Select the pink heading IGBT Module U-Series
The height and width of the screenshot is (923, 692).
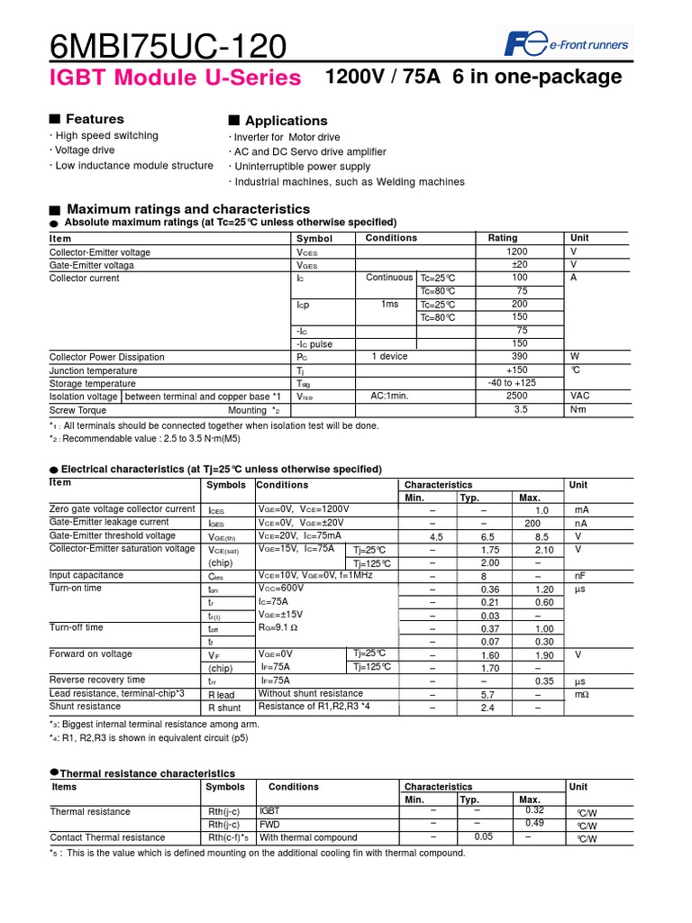tap(175, 78)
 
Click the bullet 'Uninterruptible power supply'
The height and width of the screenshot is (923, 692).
tap(301, 167)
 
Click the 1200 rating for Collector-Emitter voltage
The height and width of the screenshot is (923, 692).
tap(517, 252)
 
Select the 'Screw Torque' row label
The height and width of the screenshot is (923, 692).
tap(77, 410)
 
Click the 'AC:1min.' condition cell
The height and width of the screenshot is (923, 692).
tap(389, 397)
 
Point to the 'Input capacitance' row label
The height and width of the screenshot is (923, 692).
tap(86, 575)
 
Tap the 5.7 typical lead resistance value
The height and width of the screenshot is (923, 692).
tap(487, 695)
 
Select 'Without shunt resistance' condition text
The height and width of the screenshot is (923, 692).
tap(311, 694)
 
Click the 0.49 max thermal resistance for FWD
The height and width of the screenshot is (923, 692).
tap(534, 823)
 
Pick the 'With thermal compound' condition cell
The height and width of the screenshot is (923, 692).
tap(308, 837)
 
